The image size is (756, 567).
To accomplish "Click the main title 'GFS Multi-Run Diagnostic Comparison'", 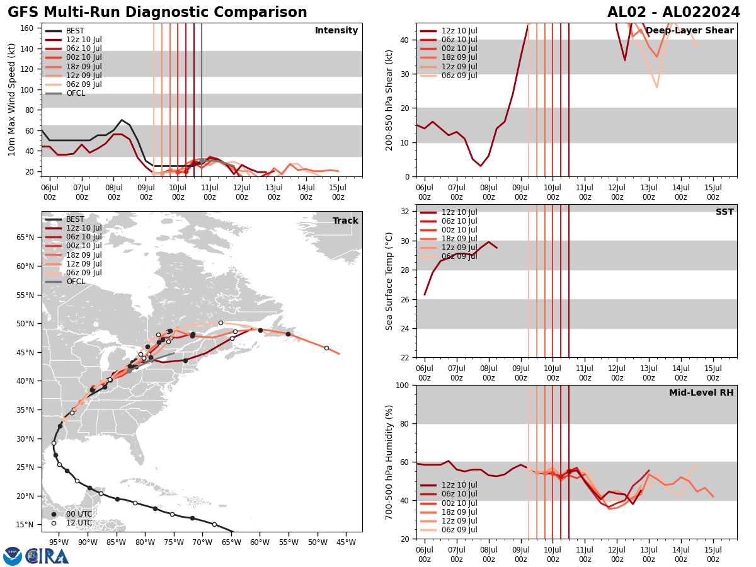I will tap(157, 13).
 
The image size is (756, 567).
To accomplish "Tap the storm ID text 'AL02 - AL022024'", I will tap(673, 13).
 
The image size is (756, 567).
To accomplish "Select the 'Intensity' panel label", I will tap(336, 31).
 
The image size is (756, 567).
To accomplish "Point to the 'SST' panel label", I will tap(724, 212).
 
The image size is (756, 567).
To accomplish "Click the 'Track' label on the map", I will tap(345, 221).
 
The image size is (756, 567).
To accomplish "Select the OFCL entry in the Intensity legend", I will tap(75, 93).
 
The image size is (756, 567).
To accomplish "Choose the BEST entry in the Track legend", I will tap(75, 219).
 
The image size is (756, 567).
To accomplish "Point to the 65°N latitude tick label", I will tap(26, 238).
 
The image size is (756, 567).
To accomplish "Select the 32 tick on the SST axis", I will tap(406, 212).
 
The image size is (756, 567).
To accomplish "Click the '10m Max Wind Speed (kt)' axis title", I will tap(11, 100).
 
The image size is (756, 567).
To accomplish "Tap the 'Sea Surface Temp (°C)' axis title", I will tap(389, 281).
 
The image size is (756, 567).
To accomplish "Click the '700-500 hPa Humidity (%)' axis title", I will tap(389, 462).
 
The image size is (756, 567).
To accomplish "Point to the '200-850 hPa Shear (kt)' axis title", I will tap(389, 100).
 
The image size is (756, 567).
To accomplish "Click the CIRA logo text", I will tap(47, 556).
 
